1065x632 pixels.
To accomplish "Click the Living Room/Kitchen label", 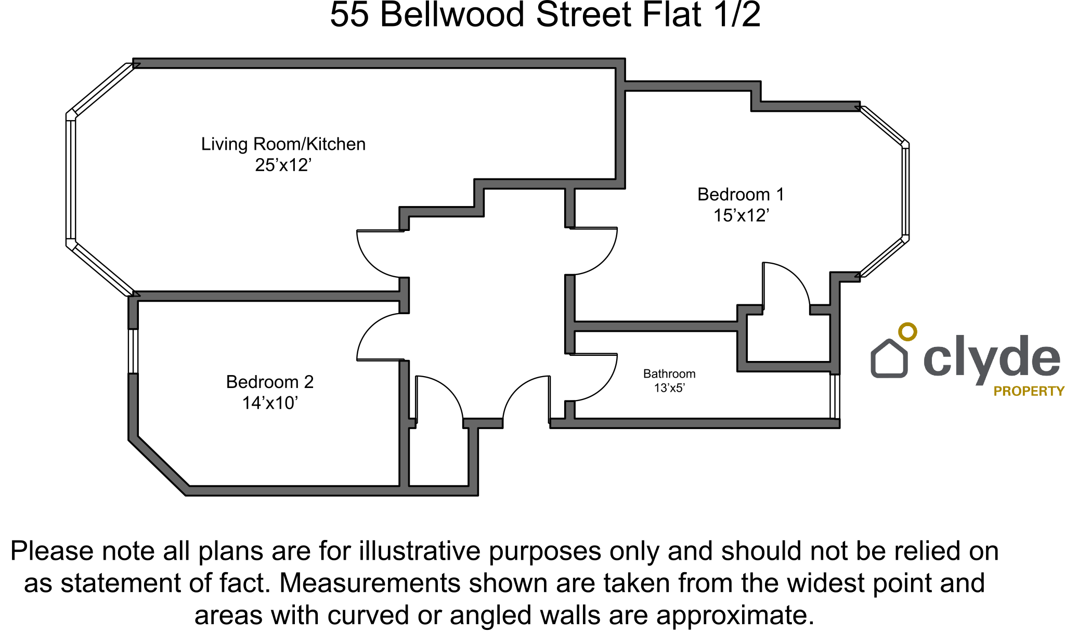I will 283,144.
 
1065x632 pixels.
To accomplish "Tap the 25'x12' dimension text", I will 283,165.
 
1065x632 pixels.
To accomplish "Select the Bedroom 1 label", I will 741,195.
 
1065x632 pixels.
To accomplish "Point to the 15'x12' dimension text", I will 741,215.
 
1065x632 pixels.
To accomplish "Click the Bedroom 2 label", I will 270,382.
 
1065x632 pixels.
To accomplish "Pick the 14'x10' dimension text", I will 270,403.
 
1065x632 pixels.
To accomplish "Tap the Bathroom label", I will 669,374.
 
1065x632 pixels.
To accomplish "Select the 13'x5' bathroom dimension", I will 669,388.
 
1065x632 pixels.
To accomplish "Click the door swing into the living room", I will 372,260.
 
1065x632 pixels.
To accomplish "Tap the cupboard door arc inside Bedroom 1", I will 793,278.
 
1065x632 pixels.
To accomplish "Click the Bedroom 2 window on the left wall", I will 133,351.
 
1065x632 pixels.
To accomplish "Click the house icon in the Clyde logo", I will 889,358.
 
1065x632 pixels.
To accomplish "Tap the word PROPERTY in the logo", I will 1029,391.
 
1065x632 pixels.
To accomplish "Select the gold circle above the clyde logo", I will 907,331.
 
